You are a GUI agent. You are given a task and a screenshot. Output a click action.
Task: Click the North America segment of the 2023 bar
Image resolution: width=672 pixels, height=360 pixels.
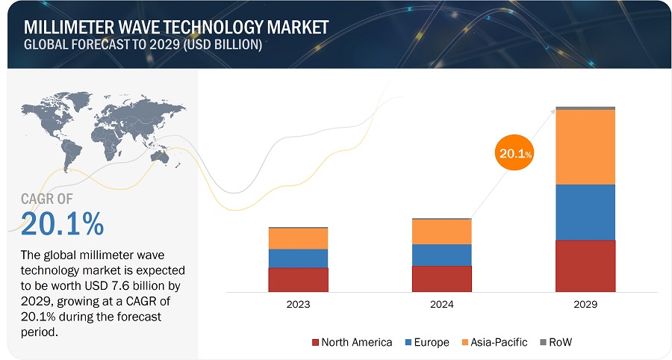[x=298, y=279]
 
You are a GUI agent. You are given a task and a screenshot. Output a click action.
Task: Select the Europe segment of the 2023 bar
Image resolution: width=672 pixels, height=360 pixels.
[x=298, y=258]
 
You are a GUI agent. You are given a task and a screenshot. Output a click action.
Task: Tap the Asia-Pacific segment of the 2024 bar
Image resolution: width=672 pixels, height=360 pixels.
[x=441, y=232]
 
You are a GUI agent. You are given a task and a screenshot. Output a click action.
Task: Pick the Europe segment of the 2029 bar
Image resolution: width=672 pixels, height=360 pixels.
[x=585, y=212]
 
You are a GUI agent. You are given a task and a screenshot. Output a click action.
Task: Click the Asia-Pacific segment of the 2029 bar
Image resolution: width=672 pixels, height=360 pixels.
[x=585, y=147]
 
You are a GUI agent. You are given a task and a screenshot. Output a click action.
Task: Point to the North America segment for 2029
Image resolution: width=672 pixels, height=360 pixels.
[x=585, y=265]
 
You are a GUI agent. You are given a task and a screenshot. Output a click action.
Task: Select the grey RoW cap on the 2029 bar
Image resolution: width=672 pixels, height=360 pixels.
[x=585, y=108]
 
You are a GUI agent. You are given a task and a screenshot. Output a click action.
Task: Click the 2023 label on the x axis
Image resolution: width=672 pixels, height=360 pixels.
[x=298, y=305]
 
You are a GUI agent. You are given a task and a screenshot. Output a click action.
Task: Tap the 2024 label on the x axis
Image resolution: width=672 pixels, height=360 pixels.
[x=441, y=305]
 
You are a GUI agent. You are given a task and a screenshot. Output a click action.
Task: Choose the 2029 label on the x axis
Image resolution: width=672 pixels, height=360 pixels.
[x=585, y=305]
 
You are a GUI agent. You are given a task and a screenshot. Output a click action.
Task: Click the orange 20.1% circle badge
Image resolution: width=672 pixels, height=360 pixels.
[x=514, y=154]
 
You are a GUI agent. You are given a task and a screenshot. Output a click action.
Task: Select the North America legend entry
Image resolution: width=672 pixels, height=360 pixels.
[x=352, y=342]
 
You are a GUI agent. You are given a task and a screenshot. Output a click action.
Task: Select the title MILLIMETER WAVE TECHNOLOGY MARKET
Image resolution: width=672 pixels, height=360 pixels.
[x=175, y=28]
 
